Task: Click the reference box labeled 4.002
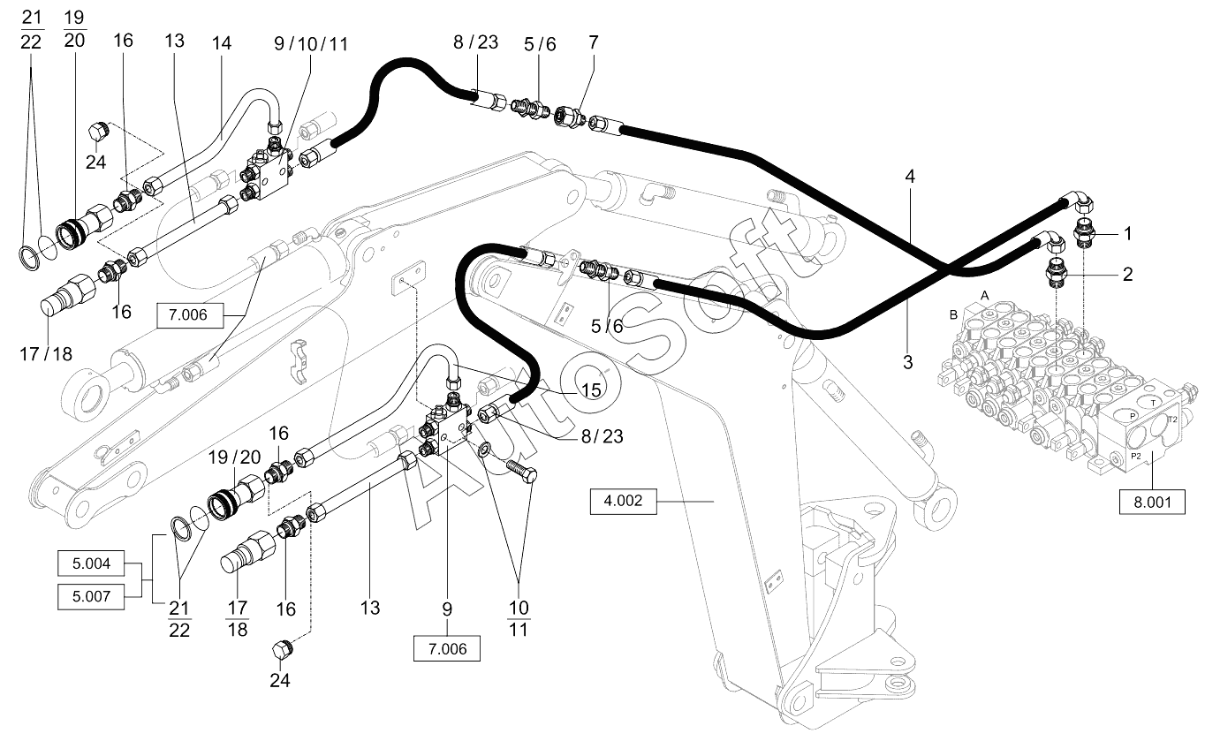point(623,501)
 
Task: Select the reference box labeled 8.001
point(1152,503)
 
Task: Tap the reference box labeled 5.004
point(91,563)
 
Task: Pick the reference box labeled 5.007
point(91,596)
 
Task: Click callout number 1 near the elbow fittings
point(1128,233)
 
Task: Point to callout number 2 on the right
point(1127,275)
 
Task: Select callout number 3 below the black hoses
point(907,362)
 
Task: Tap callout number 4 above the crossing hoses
point(910,177)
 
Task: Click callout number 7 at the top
point(594,42)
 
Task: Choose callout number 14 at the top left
point(221,43)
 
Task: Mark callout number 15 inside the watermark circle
point(591,390)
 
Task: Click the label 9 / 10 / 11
point(311,44)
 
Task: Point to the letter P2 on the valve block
point(1135,456)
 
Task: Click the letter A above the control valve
point(985,295)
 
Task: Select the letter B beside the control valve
point(953,314)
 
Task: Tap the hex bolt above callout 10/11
point(521,470)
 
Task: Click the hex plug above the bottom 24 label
point(281,649)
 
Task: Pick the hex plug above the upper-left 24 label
point(100,132)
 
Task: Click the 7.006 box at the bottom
point(446,648)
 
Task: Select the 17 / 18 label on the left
point(46,354)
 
